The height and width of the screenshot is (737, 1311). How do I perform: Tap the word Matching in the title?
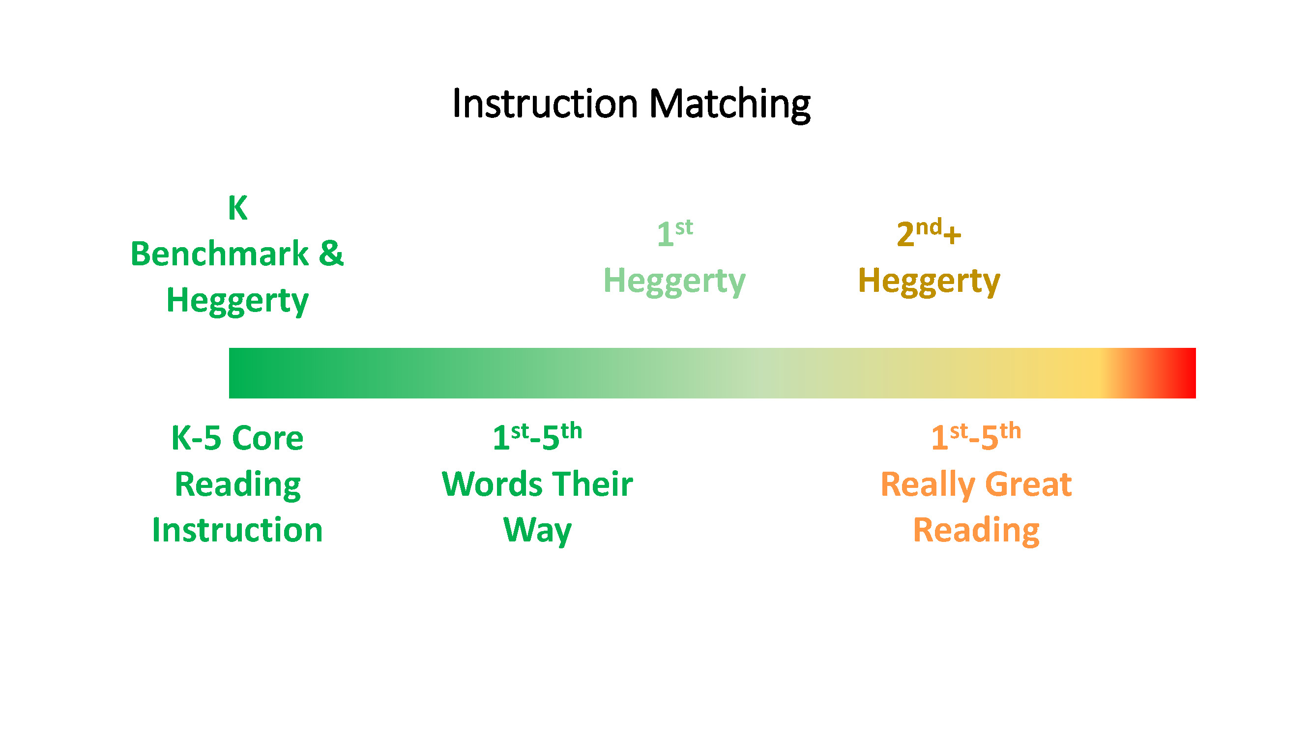730,105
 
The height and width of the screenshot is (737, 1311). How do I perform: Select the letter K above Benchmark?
237,208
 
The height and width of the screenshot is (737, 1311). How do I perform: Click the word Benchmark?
219,254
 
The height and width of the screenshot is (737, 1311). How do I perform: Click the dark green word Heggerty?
237,301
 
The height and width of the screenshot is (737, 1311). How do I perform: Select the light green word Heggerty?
674,282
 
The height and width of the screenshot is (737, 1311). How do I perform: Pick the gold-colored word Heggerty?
929,282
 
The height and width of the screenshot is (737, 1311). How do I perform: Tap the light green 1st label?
675,233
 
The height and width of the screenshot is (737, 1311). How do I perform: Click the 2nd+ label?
929,233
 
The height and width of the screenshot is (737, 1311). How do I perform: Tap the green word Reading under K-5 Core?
237,485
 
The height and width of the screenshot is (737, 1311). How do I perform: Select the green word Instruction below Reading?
237,530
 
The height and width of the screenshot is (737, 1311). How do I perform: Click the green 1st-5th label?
537,437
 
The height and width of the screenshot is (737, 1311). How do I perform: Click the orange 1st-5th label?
976,437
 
